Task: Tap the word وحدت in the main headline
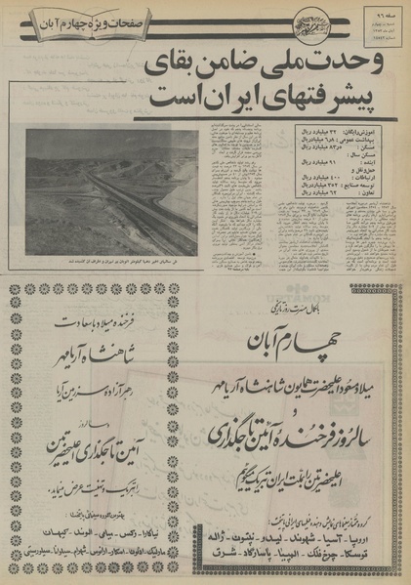(x=355, y=70)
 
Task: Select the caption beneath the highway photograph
(x=110, y=261)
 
